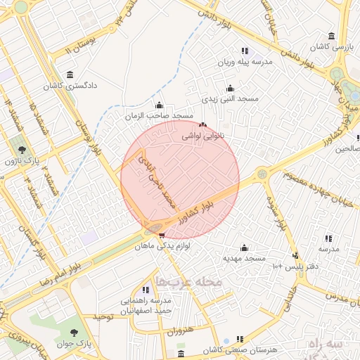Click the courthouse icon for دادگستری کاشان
(70, 75)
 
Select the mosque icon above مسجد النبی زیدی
(230, 88)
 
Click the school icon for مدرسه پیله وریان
(244, 51)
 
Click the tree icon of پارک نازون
(22, 149)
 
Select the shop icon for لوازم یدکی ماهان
(162, 236)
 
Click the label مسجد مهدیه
(244, 258)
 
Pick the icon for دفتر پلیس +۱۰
(295, 255)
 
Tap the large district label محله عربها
(188, 282)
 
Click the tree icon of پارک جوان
(74, 330)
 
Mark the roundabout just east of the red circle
(262, 173)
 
